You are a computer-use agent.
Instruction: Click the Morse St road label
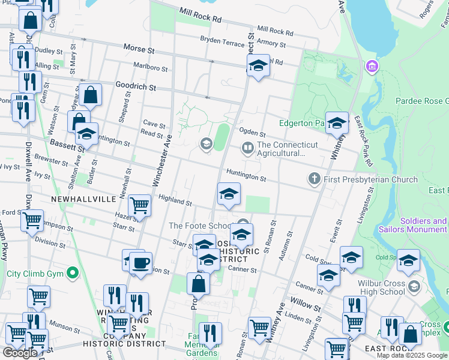(139, 47)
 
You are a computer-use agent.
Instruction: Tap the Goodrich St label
(136, 87)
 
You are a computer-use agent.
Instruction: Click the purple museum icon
(372, 65)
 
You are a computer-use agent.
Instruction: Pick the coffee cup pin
(140, 263)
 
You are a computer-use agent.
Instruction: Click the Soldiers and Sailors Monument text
(413, 225)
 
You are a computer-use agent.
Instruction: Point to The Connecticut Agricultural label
(288, 149)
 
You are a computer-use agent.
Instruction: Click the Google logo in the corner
(20, 353)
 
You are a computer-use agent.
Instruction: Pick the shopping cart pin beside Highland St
(139, 206)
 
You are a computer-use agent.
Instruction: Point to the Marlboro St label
(150, 68)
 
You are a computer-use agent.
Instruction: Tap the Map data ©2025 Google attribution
(412, 355)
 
